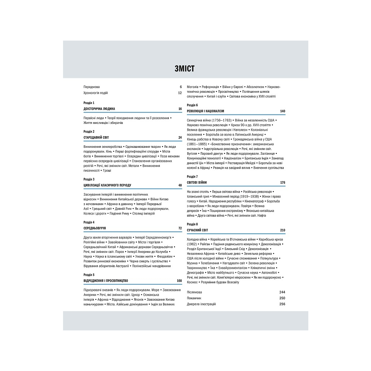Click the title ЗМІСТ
[x=184, y=68]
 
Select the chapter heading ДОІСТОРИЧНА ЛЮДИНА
[x=99, y=109]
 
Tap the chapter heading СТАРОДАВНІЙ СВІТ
[x=96, y=137]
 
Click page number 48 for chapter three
[x=180, y=185]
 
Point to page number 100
[x=179, y=281]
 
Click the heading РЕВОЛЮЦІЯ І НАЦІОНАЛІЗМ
[x=205, y=111]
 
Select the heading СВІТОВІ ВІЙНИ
[x=197, y=182]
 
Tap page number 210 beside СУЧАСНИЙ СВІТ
[x=283, y=230]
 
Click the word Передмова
[x=91, y=87]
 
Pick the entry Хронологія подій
[x=95, y=93]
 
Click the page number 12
[x=180, y=93]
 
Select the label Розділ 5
[x=89, y=275]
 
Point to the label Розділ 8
[x=192, y=224]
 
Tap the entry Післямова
[x=194, y=292]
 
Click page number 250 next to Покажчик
[x=282, y=298]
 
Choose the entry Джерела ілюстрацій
[x=201, y=304]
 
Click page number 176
[x=283, y=182]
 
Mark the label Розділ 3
[x=89, y=179]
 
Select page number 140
[x=283, y=111]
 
